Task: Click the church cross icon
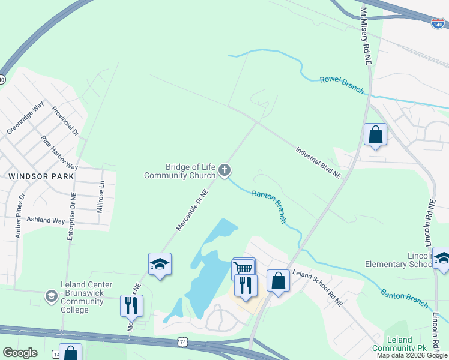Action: [224, 171]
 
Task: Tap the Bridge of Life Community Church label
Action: [180, 171]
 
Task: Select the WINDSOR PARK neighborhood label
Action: [41, 176]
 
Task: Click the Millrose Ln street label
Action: [101, 197]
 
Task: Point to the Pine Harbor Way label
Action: [59, 152]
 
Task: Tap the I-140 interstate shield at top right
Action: [438, 23]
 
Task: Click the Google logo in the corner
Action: [20, 353]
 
